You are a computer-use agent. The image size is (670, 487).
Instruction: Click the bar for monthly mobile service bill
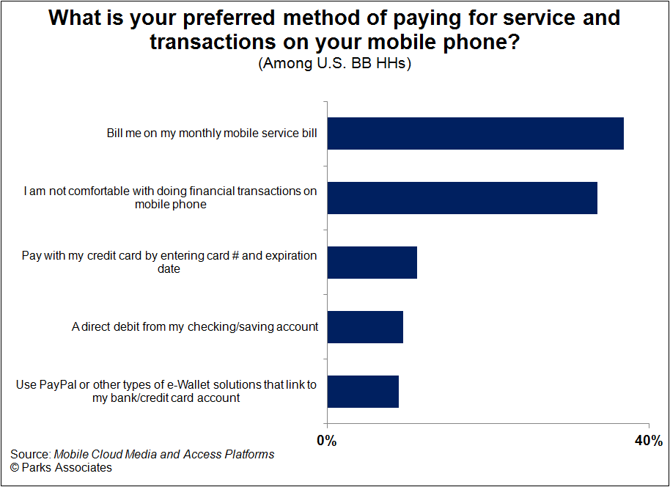click(476, 133)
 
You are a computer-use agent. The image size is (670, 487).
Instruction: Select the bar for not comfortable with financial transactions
click(463, 198)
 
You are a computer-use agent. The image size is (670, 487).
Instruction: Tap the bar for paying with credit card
click(372, 263)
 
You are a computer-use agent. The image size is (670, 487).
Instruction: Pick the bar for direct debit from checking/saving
click(365, 327)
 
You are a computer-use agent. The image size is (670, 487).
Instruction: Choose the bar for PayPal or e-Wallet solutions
click(363, 392)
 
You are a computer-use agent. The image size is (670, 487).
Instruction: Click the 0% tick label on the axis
click(327, 441)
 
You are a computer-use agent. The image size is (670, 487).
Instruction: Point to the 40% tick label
click(649, 441)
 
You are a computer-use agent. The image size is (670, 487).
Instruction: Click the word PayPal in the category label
click(58, 385)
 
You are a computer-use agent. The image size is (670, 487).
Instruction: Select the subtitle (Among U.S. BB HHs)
click(334, 64)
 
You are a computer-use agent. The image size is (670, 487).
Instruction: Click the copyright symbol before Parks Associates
click(15, 468)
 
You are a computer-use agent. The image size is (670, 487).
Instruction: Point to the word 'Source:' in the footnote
click(31, 454)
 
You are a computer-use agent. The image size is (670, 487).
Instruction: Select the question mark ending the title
click(512, 42)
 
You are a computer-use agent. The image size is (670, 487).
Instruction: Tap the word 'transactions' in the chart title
click(213, 42)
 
